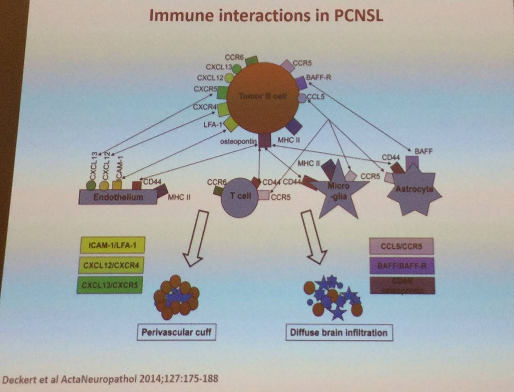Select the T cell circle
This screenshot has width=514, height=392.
click(240, 197)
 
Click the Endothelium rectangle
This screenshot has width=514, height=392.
click(118, 197)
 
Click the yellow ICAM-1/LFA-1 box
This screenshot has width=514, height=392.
click(112, 245)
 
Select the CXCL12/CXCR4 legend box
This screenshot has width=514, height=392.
click(111, 265)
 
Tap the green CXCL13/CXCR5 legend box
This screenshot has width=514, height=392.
click(110, 285)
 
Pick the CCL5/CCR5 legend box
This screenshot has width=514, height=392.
click(401, 246)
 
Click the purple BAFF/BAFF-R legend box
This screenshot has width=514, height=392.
click(402, 266)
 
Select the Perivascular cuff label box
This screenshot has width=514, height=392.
click(176, 332)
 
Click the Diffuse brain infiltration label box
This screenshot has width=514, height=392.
click(339, 332)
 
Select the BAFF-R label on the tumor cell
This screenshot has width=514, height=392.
click(318, 77)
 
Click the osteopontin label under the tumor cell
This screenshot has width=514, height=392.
click(238, 141)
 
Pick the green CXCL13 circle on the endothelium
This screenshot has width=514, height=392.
click(91, 185)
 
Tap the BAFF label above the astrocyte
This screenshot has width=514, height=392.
click(423, 151)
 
